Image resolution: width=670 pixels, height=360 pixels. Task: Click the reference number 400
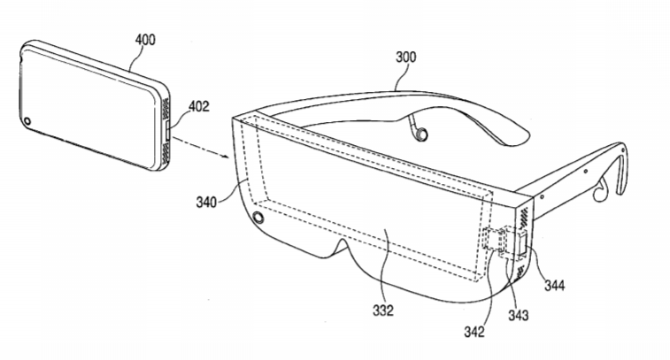[145, 40]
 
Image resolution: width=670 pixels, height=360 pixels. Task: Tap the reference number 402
[198, 106]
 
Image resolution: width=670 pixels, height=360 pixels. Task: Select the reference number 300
[405, 57]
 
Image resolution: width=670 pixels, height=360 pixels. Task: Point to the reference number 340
[206, 202]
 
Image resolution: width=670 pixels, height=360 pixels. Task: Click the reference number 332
[383, 310]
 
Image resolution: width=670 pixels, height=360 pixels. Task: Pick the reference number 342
[474, 332]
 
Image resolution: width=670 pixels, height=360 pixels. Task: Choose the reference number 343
[519, 315]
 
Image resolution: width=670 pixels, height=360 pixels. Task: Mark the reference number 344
[555, 285]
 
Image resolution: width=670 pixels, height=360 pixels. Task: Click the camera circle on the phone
[27, 121]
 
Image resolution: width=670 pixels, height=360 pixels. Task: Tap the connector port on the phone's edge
[168, 131]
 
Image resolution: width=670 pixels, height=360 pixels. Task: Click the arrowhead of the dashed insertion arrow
[227, 157]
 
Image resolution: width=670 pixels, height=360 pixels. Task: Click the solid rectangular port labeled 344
[522, 245]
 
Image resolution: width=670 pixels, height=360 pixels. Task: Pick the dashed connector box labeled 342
[490, 239]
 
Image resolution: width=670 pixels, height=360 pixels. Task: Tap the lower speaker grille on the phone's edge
[165, 155]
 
